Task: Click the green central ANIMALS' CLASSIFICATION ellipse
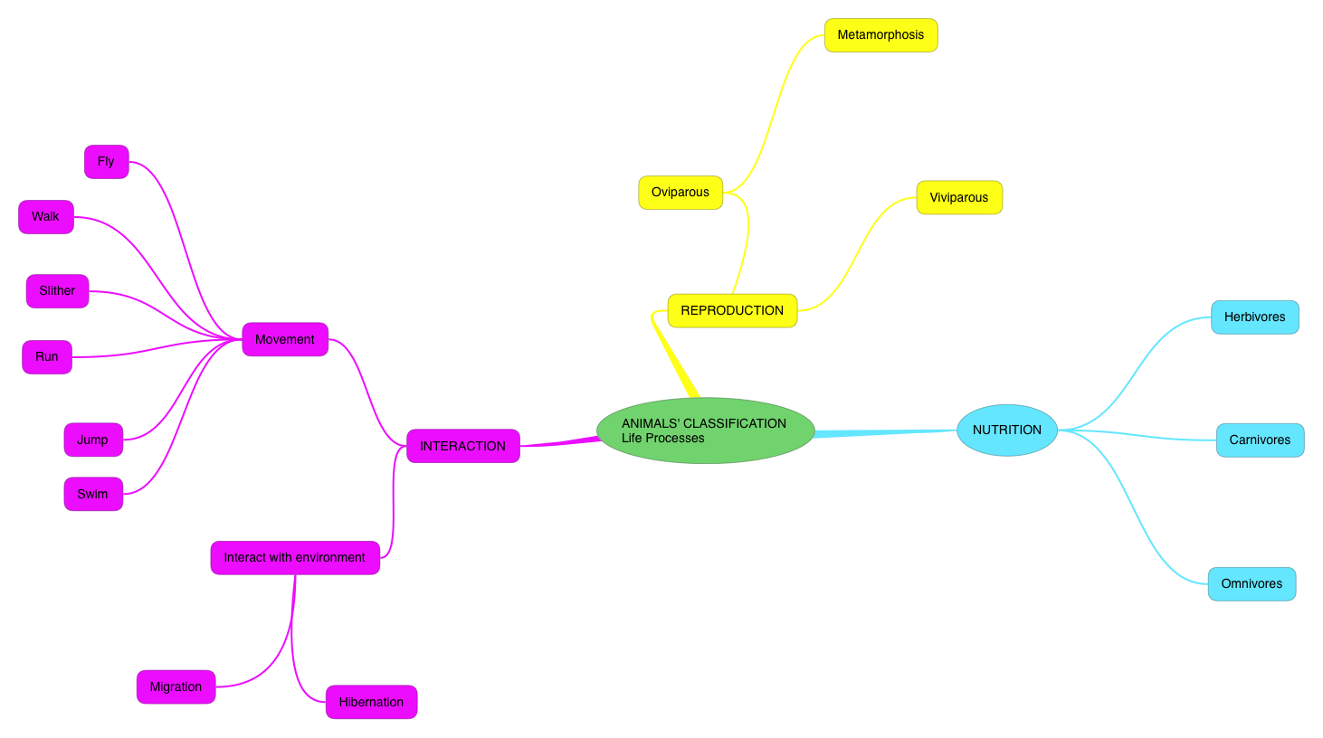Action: [x=705, y=430]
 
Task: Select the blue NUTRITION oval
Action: [x=1006, y=430]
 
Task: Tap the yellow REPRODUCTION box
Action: [x=732, y=310]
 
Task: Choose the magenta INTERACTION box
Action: [x=462, y=446]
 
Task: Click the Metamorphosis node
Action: [x=880, y=35]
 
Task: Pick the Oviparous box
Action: [x=681, y=193]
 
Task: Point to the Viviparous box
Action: [x=959, y=197]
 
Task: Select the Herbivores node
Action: [x=1254, y=317]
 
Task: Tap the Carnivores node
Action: [x=1260, y=440]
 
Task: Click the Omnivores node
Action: [x=1252, y=584]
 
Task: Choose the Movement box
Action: [x=285, y=339]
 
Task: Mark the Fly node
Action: [x=106, y=162]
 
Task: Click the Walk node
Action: [x=45, y=217]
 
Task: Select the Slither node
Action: [x=57, y=291]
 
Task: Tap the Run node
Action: [x=47, y=357]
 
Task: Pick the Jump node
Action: [x=92, y=440]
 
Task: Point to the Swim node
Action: [x=92, y=495]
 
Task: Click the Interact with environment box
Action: [x=295, y=558]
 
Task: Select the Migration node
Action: [x=176, y=687]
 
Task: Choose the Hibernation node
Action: [x=371, y=703]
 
